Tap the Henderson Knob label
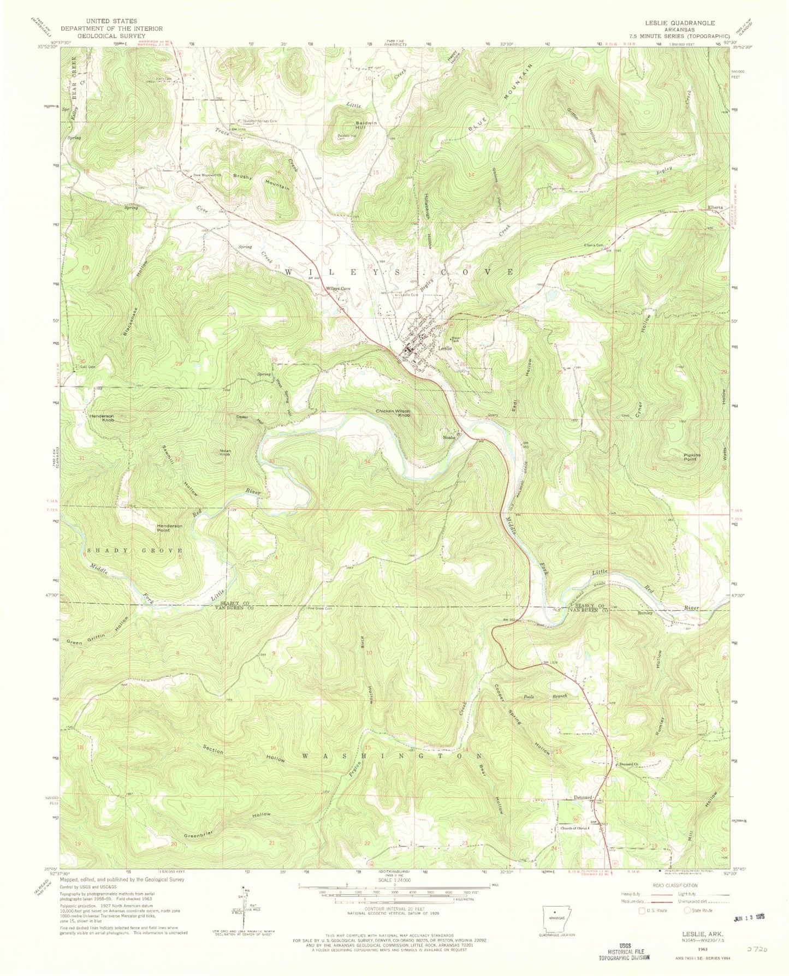[99, 419]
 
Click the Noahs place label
[449, 437]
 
